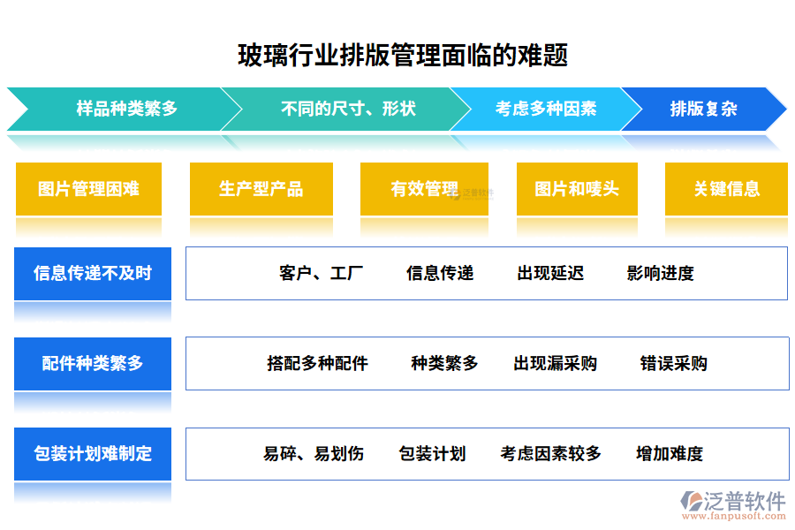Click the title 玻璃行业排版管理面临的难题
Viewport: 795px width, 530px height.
pyautogui.click(x=403, y=56)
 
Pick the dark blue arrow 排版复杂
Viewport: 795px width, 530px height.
pyautogui.click(x=703, y=110)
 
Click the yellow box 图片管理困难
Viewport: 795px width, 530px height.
pyautogui.click(x=88, y=188)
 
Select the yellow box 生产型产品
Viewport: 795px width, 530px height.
pyautogui.click(x=261, y=188)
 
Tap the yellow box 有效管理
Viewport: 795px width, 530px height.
pyautogui.click(x=424, y=188)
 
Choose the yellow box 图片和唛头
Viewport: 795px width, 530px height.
pyautogui.click(x=577, y=188)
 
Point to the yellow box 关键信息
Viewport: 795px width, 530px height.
pyautogui.click(x=726, y=188)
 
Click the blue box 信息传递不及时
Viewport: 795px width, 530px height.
pyautogui.click(x=93, y=273)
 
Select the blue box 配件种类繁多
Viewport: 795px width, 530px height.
pyautogui.click(x=93, y=363)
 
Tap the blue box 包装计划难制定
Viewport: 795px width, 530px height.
pyautogui.click(x=93, y=453)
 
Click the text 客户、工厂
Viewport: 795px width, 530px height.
pyautogui.click(x=321, y=273)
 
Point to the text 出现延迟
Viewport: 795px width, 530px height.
pyautogui.click(x=550, y=273)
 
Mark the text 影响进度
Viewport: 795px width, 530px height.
pyautogui.click(x=660, y=273)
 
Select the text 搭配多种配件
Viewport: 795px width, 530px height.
pyautogui.click(x=317, y=363)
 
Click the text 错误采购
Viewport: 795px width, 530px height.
pyautogui.click(x=673, y=363)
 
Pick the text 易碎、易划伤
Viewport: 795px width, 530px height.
pyautogui.click(x=313, y=454)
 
